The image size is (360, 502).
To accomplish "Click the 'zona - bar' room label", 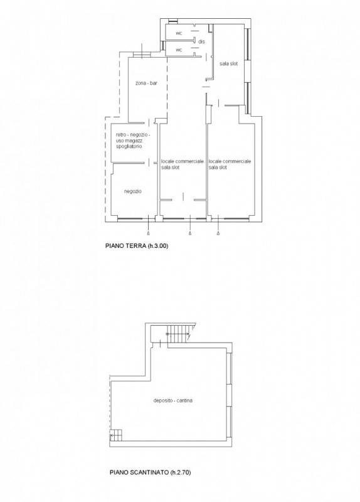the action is (x=146, y=83).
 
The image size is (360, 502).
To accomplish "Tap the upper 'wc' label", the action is (x=179, y=33).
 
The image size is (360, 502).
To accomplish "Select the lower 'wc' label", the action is (x=179, y=50).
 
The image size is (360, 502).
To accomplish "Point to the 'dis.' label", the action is (x=201, y=41).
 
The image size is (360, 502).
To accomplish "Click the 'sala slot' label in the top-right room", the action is (x=228, y=64).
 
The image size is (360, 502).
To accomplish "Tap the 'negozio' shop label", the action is (x=133, y=191).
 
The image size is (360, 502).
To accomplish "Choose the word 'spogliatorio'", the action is (x=129, y=146).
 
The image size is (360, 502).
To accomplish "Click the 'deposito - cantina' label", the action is (x=173, y=400).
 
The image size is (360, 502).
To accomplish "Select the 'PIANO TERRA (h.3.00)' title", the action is (x=137, y=246).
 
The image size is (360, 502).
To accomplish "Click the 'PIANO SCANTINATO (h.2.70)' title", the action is (x=150, y=473).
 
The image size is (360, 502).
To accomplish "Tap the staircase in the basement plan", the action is (x=179, y=334).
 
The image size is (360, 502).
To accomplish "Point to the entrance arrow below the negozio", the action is (x=149, y=233).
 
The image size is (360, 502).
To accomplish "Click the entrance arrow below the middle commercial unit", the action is (x=191, y=233).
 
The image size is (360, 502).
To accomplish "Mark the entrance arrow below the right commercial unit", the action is (x=218, y=233).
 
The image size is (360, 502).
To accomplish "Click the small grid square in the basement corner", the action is (x=116, y=436).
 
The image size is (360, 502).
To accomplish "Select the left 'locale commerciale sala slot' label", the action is (x=182, y=164).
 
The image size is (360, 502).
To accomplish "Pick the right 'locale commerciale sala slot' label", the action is (x=230, y=164).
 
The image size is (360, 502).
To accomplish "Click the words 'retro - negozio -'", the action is (x=132, y=135).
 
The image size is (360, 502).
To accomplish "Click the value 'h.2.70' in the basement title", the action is (x=181, y=473).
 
